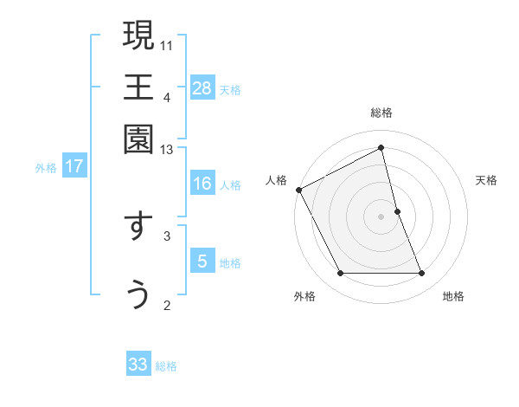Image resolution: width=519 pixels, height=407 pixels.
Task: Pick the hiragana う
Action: pyautogui.click(x=138, y=294)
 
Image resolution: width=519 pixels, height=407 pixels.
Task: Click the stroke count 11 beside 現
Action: pyautogui.click(x=168, y=44)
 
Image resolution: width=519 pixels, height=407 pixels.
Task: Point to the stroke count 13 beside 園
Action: pyautogui.click(x=168, y=150)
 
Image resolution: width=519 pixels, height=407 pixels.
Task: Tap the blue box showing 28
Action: pyautogui.click(x=202, y=87)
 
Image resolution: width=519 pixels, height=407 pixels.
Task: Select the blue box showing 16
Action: pyautogui.click(x=202, y=184)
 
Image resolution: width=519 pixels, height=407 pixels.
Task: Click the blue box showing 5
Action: pyautogui.click(x=202, y=261)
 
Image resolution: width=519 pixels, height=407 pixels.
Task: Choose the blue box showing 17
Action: pyautogui.click(x=74, y=166)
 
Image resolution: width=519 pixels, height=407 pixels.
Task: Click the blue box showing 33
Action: pyautogui.click(x=138, y=365)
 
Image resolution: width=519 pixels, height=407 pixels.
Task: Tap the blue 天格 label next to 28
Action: pyautogui.click(x=230, y=89)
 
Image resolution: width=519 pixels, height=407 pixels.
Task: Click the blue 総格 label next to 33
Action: pyautogui.click(x=166, y=366)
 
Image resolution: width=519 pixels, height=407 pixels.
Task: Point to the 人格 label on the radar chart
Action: pyautogui.click(x=277, y=180)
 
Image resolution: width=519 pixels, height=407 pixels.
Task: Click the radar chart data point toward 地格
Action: pyautogui.click(x=422, y=274)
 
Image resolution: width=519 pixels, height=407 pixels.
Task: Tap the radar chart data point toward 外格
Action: pyautogui.click(x=340, y=274)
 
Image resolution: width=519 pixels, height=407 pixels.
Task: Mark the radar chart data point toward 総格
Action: pyautogui.click(x=381, y=148)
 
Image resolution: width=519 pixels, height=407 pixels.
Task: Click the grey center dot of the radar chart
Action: pyautogui.click(x=381, y=216)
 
